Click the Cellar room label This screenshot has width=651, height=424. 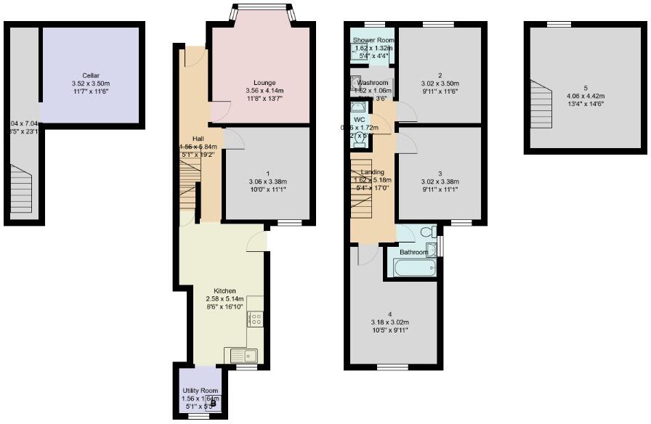[x=91, y=76]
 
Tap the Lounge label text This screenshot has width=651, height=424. [x=264, y=82]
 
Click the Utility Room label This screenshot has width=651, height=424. [x=200, y=391]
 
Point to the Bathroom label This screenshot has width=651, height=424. [x=413, y=252]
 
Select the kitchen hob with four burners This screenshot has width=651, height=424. [x=255, y=319]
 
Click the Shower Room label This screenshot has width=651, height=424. [x=373, y=40]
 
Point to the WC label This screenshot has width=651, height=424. [x=359, y=119]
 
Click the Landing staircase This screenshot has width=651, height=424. [x=363, y=189]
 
